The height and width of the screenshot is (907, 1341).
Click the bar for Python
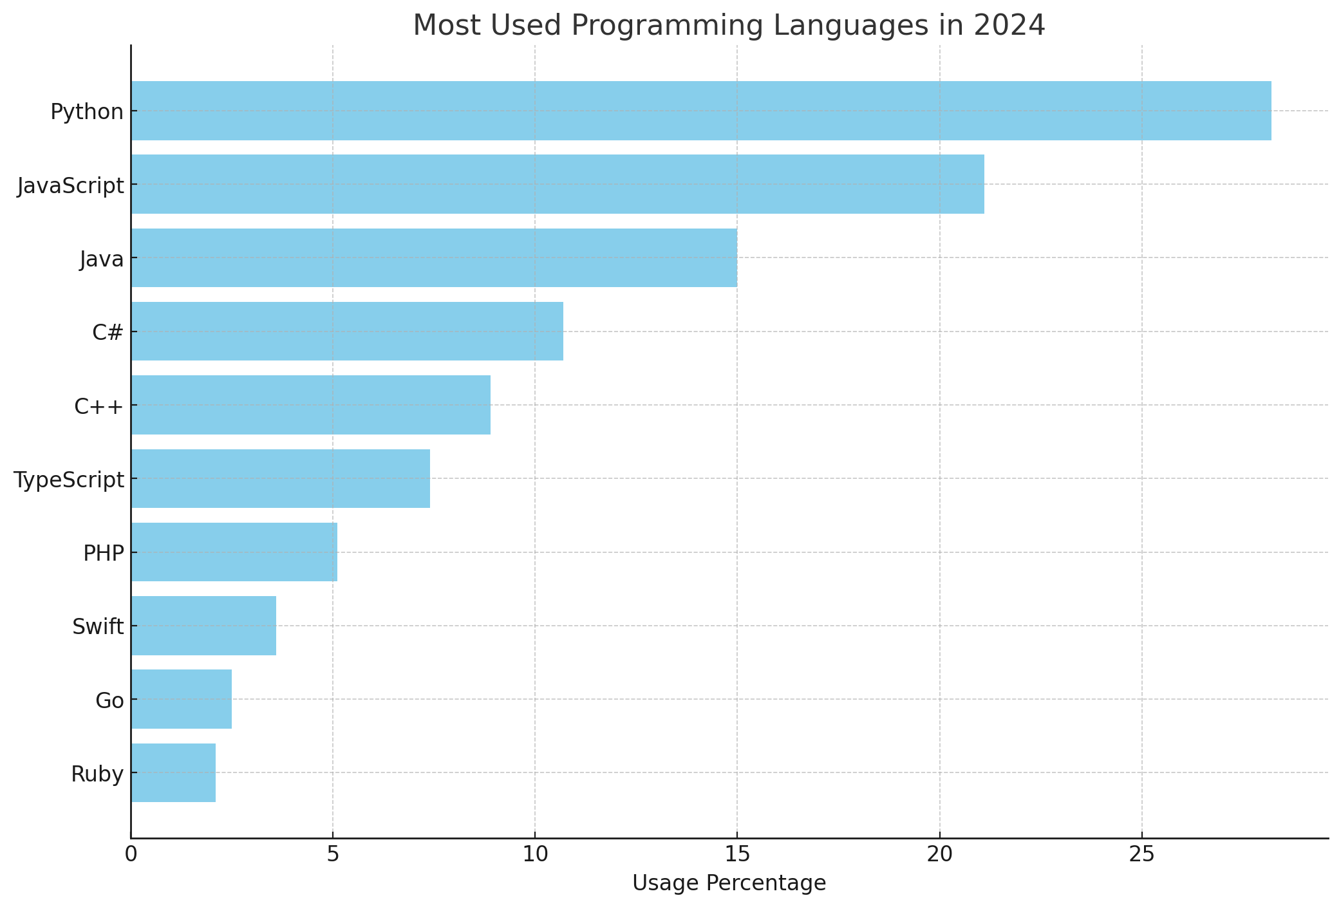tap(700, 111)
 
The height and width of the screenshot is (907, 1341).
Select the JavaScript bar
tap(557, 184)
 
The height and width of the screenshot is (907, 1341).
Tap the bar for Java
tap(433, 257)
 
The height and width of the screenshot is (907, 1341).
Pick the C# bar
tap(346, 331)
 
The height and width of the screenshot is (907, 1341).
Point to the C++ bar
tap(310, 405)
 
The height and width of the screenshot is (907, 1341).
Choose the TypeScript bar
tap(280, 478)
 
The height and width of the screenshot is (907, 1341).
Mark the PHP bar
tap(234, 552)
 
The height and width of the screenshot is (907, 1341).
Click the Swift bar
tap(203, 626)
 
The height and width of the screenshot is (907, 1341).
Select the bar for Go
tap(181, 699)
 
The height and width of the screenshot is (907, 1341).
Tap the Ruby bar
tap(173, 772)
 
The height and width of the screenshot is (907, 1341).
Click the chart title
tap(729, 26)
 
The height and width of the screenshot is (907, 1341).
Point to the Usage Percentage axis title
tap(729, 883)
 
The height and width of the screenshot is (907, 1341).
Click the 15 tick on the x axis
tap(737, 855)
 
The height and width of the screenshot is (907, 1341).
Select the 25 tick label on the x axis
tap(1141, 855)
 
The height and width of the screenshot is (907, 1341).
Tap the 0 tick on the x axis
tap(131, 855)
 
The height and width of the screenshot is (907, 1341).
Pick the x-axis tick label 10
tap(534, 855)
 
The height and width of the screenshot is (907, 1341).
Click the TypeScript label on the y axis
tap(69, 480)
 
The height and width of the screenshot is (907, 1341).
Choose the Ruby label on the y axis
tap(97, 774)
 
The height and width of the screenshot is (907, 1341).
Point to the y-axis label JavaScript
tap(71, 185)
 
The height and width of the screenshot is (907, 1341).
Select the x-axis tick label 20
tap(939, 855)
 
